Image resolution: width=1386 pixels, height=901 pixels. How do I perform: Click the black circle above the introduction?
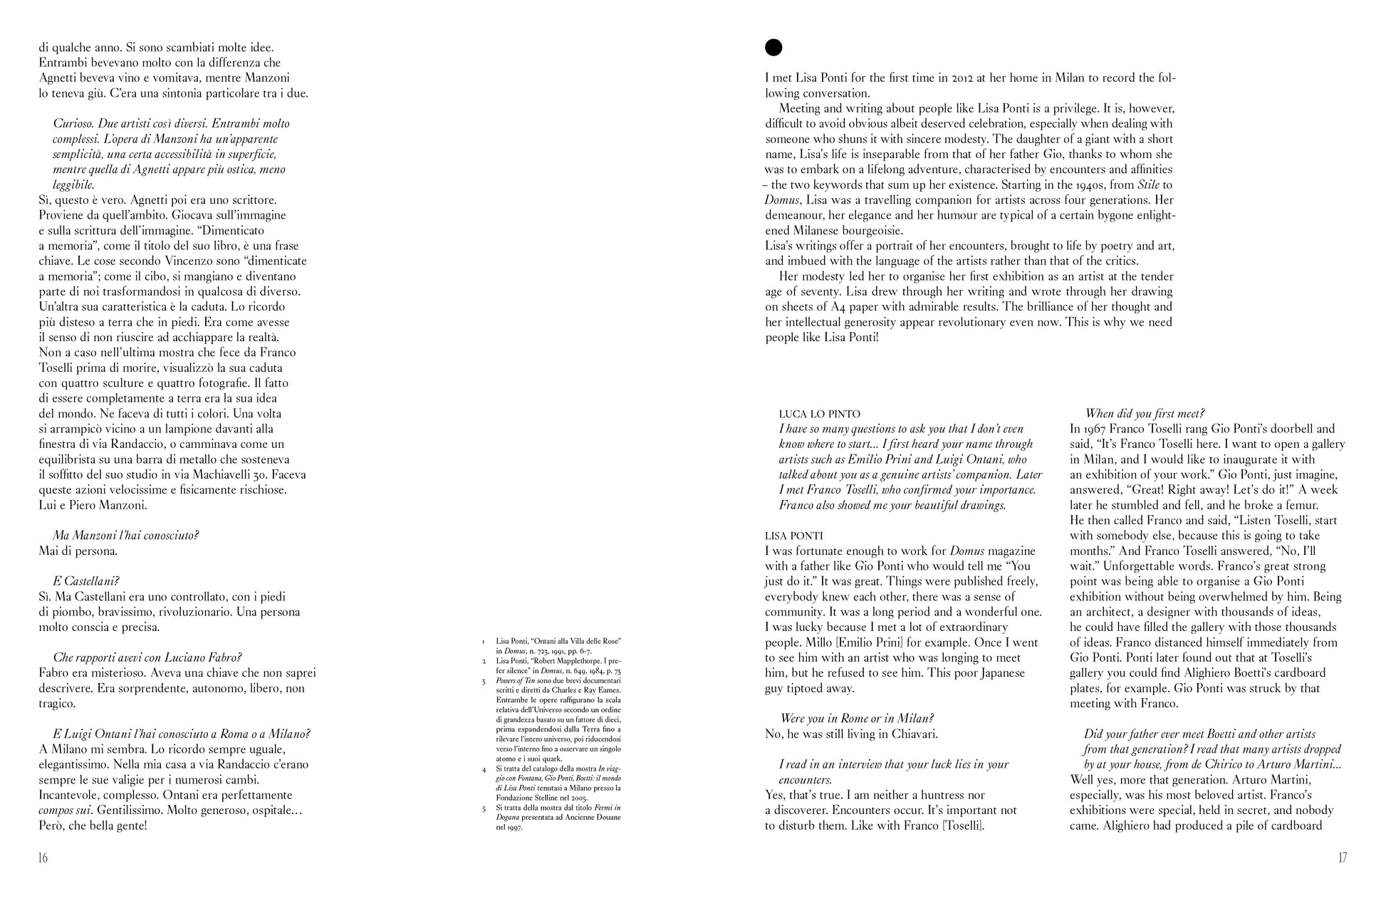[773, 48]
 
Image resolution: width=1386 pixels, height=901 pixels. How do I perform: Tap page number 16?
[43, 858]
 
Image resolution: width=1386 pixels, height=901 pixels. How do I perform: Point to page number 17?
[1342, 858]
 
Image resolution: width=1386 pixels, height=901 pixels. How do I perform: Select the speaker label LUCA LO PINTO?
[819, 414]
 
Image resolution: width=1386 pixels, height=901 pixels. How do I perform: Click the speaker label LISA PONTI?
[793, 536]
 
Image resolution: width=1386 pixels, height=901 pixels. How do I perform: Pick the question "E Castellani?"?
[86, 581]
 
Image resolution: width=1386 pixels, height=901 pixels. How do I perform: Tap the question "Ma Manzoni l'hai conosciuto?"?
[125, 536]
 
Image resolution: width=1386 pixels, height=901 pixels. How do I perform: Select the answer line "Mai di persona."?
[78, 551]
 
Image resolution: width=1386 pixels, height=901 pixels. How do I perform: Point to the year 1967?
[1085, 429]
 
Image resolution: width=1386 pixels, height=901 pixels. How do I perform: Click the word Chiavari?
[915, 734]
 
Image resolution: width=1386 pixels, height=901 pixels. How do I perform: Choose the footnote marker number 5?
[483, 808]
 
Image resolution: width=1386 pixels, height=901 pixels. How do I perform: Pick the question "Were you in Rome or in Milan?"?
[857, 719]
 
